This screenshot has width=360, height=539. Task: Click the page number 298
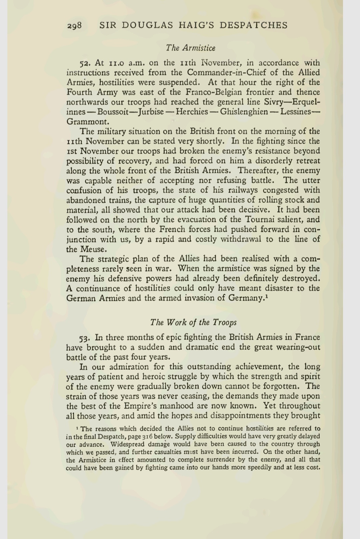(x=74, y=26)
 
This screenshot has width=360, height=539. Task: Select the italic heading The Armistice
(x=191, y=48)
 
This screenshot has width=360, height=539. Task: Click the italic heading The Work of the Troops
(x=193, y=322)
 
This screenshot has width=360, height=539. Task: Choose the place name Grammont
(x=86, y=122)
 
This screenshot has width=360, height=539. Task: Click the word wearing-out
(x=297, y=347)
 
